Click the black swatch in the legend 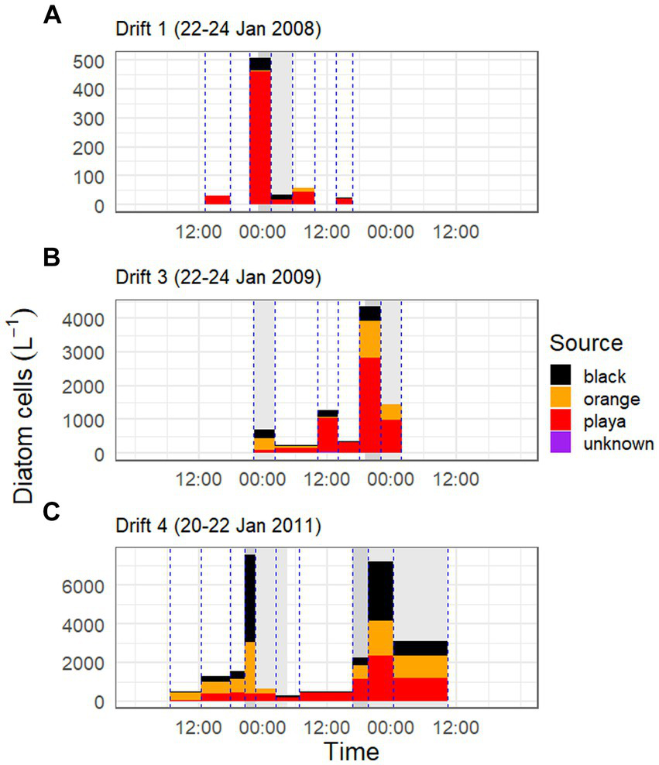(564, 377)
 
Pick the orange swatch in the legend (564, 400)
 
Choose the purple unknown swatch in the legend (564, 444)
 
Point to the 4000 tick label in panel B (85, 318)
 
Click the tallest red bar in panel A (259, 139)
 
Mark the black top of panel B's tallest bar (370, 313)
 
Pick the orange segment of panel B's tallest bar (370, 339)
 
